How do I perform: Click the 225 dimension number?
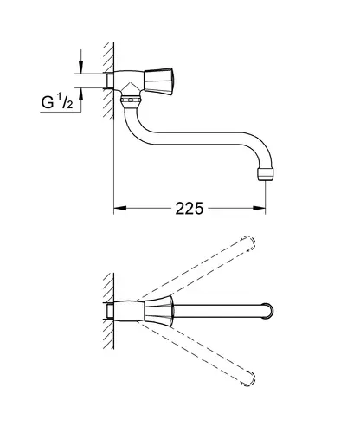pos(190,208)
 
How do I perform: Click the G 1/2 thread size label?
pos(57,101)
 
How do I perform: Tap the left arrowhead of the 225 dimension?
pos(120,208)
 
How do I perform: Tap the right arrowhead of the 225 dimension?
pos(259,208)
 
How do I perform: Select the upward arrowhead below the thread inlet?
pos(81,94)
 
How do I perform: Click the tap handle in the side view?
pos(158,81)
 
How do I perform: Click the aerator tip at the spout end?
pos(265,174)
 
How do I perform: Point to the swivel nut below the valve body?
pos(131,100)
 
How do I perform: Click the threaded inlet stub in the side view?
pos(110,81)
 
